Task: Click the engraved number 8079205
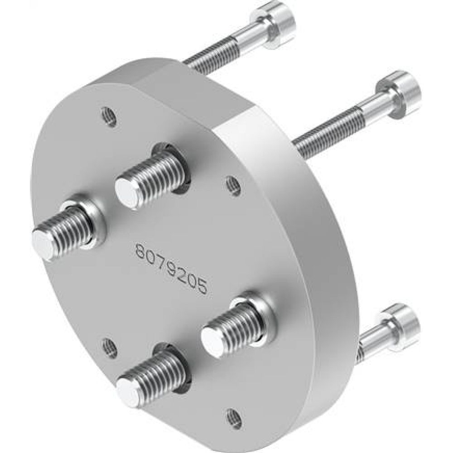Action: tap(172, 269)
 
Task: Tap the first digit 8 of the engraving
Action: tap(141, 251)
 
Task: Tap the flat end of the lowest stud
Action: tap(128, 390)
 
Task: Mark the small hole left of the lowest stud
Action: tap(109, 347)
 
